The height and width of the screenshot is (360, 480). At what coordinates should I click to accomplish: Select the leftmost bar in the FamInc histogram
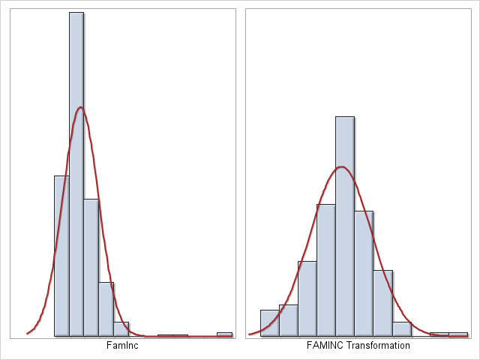[61, 255]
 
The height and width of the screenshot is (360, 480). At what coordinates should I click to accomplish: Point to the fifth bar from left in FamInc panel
[121, 329]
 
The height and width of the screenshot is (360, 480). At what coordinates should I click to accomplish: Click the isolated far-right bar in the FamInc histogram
[224, 334]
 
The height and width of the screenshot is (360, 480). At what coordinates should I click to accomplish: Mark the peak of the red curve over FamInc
[80, 108]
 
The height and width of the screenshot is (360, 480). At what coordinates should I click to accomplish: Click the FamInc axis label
[121, 346]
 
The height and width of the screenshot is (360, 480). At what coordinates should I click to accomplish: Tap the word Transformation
[377, 346]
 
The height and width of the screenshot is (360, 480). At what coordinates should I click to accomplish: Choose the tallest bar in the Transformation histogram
[345, 225]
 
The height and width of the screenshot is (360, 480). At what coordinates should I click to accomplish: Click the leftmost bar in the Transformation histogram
[269, 322]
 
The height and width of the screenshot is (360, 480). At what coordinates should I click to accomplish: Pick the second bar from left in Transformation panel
[288, 320]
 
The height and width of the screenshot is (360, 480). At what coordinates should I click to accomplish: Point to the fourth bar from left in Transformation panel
[325, 270]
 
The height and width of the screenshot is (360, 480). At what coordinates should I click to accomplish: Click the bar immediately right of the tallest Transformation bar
[364, 273]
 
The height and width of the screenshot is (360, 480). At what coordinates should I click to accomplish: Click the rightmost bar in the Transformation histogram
[458, 334]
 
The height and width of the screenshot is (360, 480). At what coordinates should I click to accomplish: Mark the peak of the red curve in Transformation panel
[342, 166]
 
